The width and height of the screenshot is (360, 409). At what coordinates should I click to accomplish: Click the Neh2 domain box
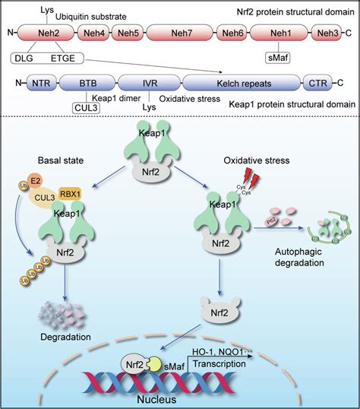[x=46, y=33]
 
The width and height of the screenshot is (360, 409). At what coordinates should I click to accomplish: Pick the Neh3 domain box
[x=328, y=33]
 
